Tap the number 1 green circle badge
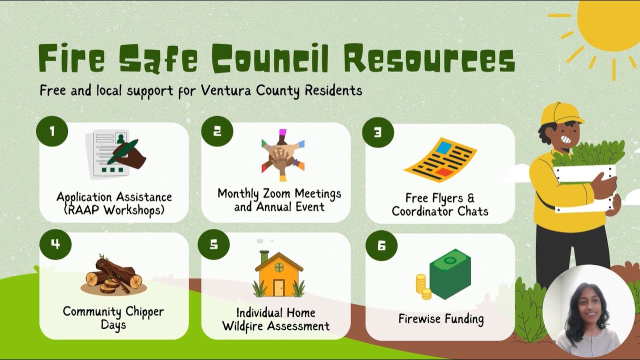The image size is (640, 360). (x=52, y=130)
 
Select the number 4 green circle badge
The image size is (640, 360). (x=55, y=243)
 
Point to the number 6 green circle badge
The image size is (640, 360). (x=381, y=245)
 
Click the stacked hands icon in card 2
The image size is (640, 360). (x=283, y=154)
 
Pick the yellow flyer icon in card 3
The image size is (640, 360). (x=440, y=159)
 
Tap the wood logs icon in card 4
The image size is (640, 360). (x=113, y=275)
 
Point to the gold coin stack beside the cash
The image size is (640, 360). (x=423, y=286)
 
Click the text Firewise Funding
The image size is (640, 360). (x=441, y=318)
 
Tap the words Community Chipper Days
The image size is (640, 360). (x=113, y=318)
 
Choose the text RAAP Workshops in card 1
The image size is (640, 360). (x=114, y=209)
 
